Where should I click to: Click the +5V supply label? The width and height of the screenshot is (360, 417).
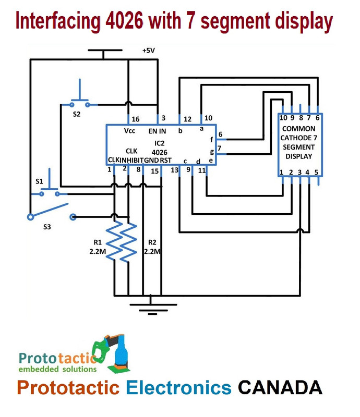(x=149, y=51)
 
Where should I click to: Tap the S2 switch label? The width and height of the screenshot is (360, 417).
(x=77, y=114)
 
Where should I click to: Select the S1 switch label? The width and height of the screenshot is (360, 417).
(x=40, y=181)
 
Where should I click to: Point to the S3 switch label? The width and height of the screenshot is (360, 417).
(x=48, y=228)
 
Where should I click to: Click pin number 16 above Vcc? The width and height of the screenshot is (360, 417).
(x=136, y=119)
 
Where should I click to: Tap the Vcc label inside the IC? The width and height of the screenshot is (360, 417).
(x=130, y=131)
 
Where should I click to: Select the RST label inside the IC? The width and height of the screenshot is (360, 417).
(x=165, y=160)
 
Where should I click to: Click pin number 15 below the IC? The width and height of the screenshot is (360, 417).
(x=155, y=170)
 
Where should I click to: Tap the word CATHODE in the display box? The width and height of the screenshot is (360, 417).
(x=298, y=138)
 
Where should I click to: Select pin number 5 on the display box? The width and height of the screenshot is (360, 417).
(x=316, y=172)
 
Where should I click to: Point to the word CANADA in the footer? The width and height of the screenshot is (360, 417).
(x=280, y=387)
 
